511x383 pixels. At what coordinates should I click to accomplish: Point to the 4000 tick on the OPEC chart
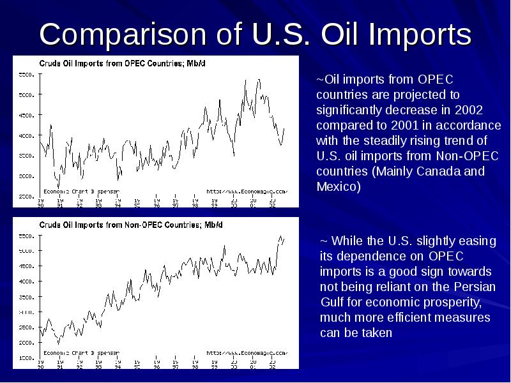point(25,136)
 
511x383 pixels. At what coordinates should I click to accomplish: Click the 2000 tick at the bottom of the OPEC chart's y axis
point(25,196)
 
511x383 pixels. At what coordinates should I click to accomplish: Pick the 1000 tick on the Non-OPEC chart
point(25,358)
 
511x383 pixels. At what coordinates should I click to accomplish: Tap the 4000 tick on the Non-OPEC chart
point(25,282)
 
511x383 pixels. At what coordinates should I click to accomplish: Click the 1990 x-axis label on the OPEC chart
point(40,204)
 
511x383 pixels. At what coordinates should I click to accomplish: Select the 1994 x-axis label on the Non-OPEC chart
point(118,365)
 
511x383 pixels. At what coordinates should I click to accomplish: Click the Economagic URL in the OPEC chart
point(247,190)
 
